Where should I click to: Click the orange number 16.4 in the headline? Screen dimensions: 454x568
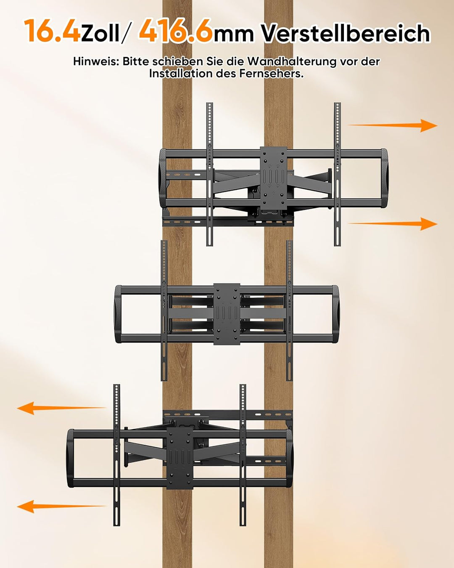52,31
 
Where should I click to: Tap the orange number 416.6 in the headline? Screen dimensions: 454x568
176,31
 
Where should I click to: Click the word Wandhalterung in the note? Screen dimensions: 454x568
293,62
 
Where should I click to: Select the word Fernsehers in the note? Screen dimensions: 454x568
271,73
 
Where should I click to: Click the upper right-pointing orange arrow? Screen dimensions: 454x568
393,125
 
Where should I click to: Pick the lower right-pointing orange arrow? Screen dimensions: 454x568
393,224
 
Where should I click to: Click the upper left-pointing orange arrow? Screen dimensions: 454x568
61,408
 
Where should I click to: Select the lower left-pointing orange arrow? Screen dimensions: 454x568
61,507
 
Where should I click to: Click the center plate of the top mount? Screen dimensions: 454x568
274,179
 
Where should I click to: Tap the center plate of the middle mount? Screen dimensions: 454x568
227,314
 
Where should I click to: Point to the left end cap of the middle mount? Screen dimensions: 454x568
118,314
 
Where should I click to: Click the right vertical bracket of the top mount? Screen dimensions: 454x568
338,175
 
